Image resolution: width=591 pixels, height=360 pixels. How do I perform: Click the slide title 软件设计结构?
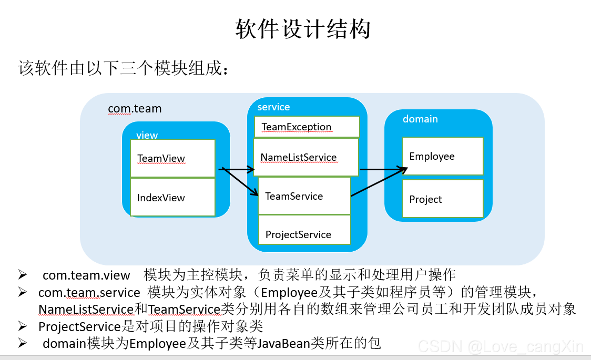pos(303,29)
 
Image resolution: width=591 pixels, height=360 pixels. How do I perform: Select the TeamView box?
pos(172,158)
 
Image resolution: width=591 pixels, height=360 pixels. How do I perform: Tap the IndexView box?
pos(172,197)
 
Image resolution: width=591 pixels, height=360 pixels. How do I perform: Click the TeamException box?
pos(307,127)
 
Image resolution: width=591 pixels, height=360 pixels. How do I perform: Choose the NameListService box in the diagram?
pos(305,157)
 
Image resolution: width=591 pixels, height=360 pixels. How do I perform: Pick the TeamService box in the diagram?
pos(304,196)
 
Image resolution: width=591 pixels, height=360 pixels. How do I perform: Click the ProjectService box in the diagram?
pos(304,230)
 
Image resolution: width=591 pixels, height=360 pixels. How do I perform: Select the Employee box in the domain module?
pos(443,156)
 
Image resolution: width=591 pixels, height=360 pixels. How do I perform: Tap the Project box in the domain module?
pos(443,199)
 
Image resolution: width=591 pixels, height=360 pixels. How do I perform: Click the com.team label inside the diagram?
pos(135,108)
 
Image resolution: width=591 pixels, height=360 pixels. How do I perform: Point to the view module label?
pos(147,135)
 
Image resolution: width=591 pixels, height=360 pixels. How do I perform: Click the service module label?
pos(273,107)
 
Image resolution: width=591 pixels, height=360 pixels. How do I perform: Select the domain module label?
pos(420,119)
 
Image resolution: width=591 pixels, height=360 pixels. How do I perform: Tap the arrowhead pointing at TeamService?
pos(253,192)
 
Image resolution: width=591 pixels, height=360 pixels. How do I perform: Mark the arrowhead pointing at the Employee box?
pos(403,170)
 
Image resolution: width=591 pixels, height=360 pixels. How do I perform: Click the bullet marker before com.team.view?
pos(23,275)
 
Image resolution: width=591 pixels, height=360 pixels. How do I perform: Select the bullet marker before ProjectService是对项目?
pos(23,326)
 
